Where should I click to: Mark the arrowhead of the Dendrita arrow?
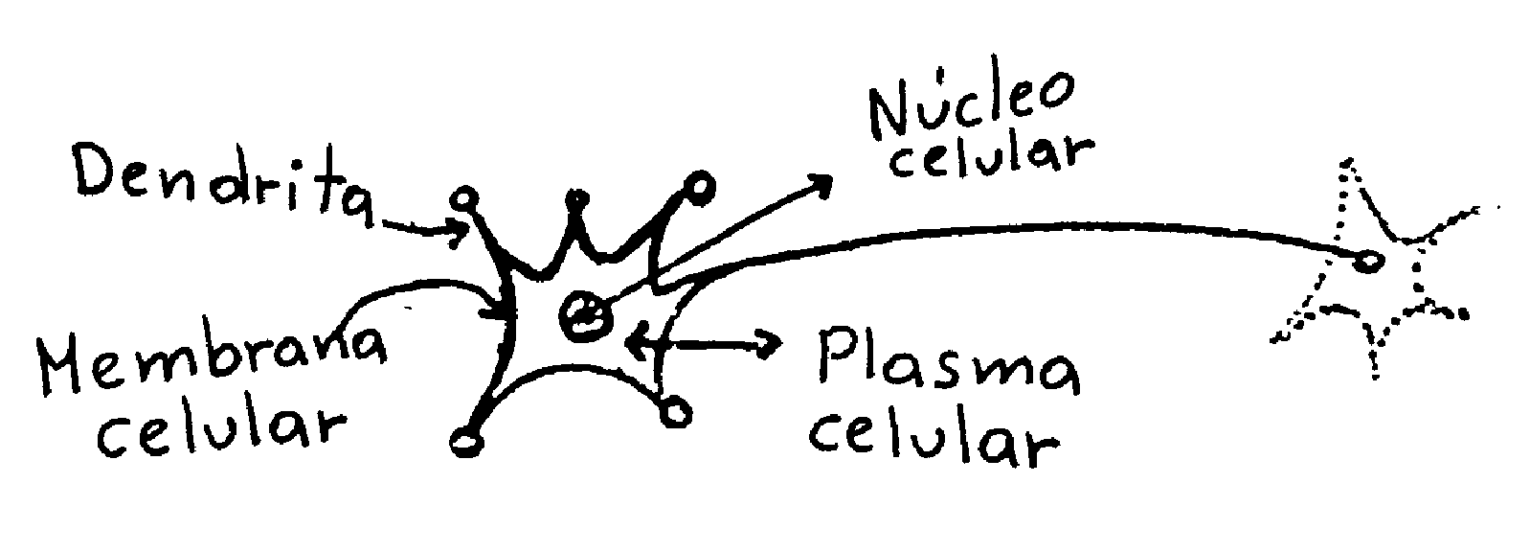461,231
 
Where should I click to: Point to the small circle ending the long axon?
1370,259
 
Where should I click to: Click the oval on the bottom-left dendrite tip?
465,442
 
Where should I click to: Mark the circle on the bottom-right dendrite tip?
675,411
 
